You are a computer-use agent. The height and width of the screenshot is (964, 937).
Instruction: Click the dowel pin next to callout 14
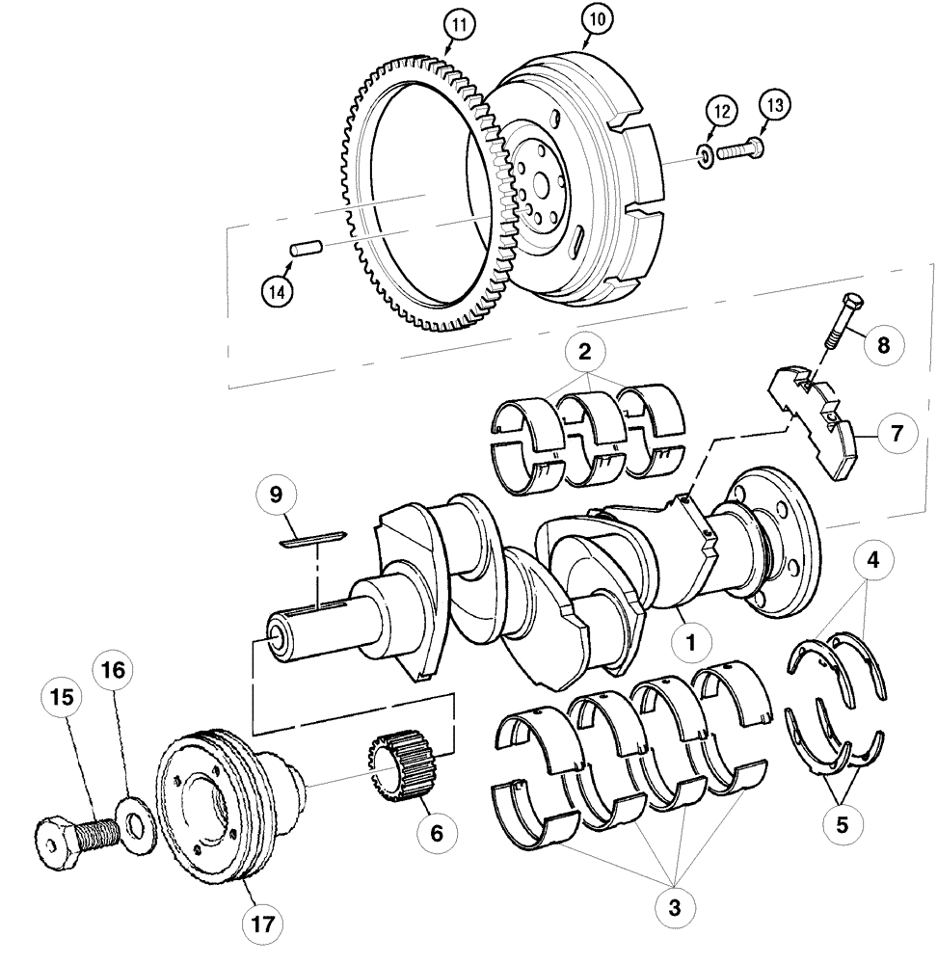coord(304,249)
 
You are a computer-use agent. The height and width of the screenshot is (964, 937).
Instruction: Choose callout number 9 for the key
coord(277,495)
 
